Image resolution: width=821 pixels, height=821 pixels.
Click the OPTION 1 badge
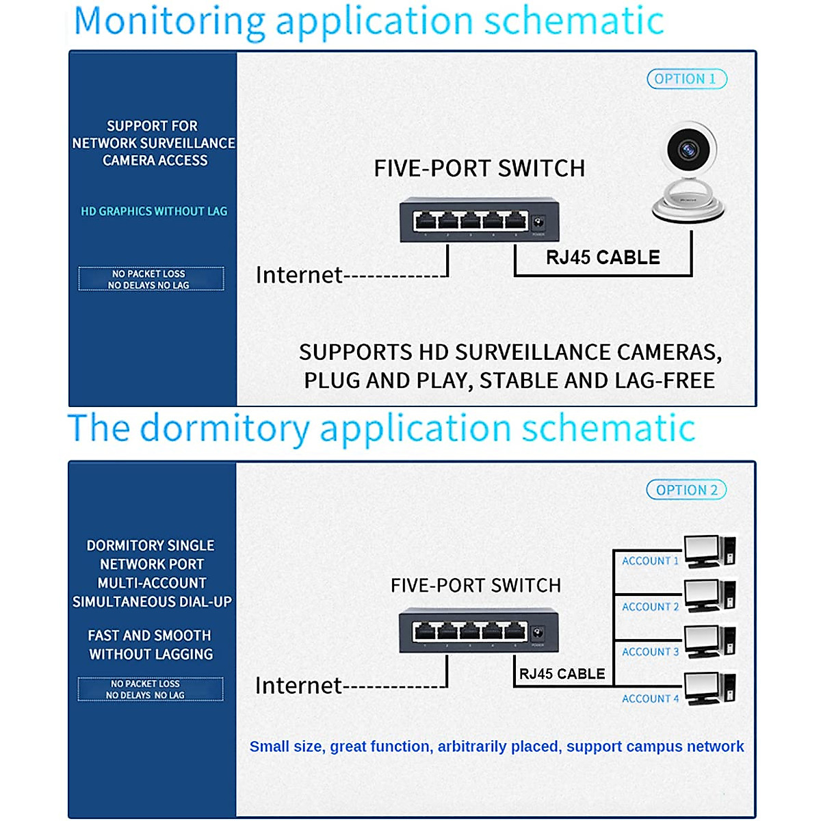point(686,79)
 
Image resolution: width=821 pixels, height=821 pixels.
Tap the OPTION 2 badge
point(686,490)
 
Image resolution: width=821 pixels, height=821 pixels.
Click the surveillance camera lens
point(687,148)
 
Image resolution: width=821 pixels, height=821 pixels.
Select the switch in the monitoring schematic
point(479,219)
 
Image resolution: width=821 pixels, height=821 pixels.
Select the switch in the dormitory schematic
point(478,630)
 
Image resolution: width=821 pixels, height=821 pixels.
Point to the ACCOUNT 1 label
point(650,561)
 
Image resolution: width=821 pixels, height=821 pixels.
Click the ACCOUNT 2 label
point(650,607)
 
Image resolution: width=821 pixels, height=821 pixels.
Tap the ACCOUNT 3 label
point(650,652)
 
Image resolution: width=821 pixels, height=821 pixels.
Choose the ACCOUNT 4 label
point(650,699)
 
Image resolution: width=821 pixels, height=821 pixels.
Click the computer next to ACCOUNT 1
point(709,551)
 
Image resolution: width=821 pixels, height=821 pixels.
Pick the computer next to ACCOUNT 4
point(709,688)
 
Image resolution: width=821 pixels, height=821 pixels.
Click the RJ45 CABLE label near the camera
point(603,258)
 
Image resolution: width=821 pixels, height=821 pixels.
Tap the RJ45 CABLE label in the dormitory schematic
point(562,674)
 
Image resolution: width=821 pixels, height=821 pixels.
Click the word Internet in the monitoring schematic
point(299,275)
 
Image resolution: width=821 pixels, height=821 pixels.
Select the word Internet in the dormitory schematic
point(298,686)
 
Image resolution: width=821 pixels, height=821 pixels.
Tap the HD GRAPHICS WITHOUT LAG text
point(154,211)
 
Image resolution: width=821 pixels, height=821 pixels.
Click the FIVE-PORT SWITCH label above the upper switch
point(479,168)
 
